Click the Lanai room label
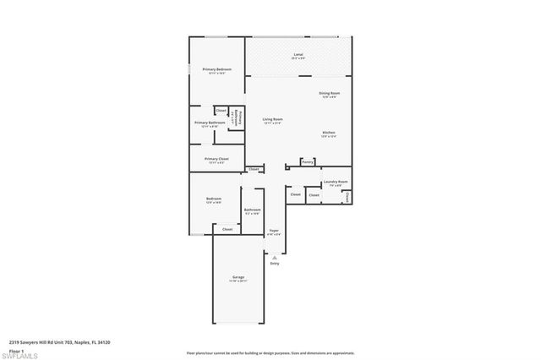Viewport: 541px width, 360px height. coord(298,55)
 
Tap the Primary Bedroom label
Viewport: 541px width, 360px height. coord(216,70)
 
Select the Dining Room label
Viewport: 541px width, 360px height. coord(330,94)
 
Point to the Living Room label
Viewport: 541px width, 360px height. coord(272,120)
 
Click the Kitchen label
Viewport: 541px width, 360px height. coord(330,133)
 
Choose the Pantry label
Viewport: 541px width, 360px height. coord(308,161)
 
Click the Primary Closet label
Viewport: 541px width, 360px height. coord(216,159)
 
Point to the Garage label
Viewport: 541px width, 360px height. coord(238,278)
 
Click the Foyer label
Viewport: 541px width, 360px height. coord(274,231)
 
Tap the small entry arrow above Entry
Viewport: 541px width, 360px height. coord(274,256)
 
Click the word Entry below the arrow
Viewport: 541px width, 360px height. coord(274,264)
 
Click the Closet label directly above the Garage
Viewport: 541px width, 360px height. coord(227,229)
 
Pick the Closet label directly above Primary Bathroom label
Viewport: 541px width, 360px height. coord(221,111)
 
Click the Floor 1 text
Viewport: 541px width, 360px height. coord(16,349)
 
